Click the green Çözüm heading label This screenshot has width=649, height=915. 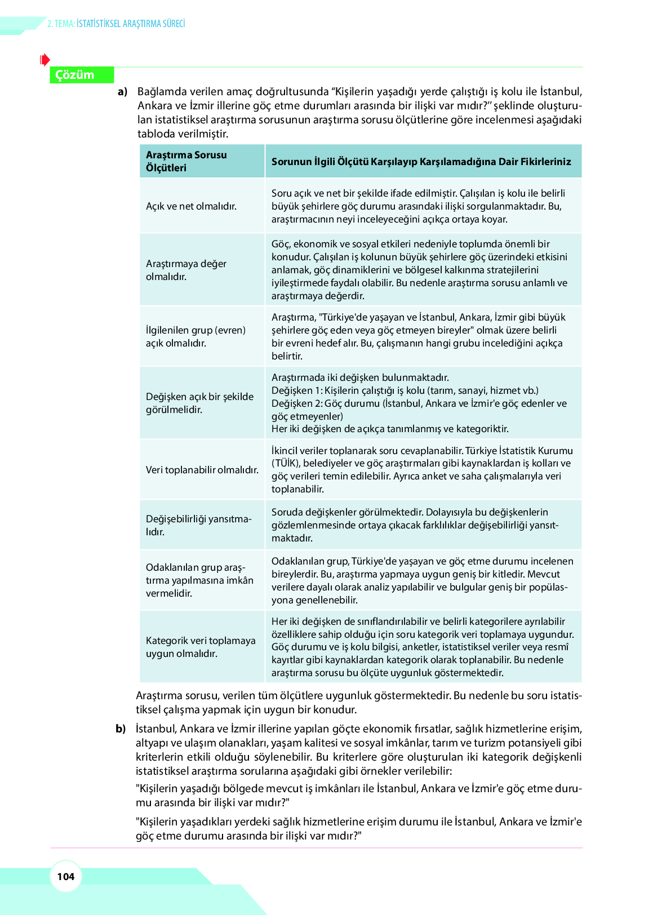point(75,75)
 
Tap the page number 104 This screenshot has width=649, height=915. point(66,876)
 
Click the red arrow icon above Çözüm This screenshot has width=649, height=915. point(45,59)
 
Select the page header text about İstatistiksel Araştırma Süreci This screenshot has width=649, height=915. point(116,24)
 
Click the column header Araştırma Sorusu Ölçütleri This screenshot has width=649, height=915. point(186,161)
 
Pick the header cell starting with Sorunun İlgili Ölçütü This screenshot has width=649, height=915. point(421,162)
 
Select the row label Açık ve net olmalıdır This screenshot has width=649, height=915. point(191,206)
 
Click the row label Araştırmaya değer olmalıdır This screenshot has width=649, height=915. point(186,270)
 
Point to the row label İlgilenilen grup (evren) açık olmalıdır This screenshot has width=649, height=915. point(195,336)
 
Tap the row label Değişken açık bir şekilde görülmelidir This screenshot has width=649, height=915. point(199,403)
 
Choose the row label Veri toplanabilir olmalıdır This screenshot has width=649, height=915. point(202,470)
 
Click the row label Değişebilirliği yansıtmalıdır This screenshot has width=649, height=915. point(198,525)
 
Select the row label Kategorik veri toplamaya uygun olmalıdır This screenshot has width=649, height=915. point(201,647)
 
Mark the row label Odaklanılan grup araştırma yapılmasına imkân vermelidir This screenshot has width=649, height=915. point(199,580)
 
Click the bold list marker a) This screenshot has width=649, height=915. point(122,92)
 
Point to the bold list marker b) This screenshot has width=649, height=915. point(121,729)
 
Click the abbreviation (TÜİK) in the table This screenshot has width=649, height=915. point(284,464)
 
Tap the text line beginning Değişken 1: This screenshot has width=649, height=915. point(404,390)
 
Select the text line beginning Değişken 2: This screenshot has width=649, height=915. point(419,403)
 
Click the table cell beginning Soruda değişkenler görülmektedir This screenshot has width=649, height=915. point(415,525)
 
